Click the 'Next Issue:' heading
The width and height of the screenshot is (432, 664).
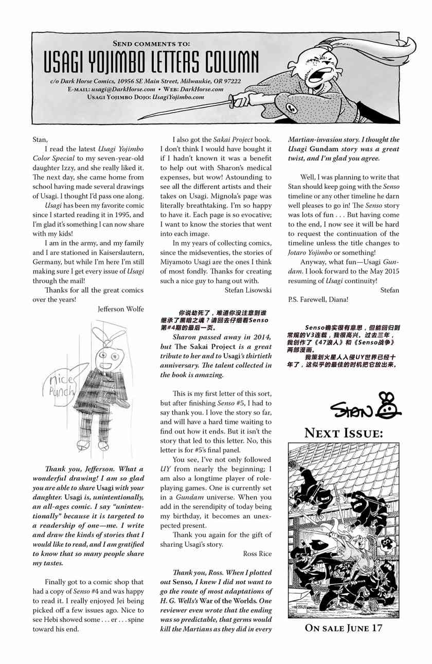coord(344,433)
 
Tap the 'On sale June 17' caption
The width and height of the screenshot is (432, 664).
coord(344,628)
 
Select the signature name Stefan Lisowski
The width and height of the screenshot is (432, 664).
coord(248,290)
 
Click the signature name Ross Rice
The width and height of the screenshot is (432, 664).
coord(257,553)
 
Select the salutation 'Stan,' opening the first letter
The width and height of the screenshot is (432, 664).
coord(40,139)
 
